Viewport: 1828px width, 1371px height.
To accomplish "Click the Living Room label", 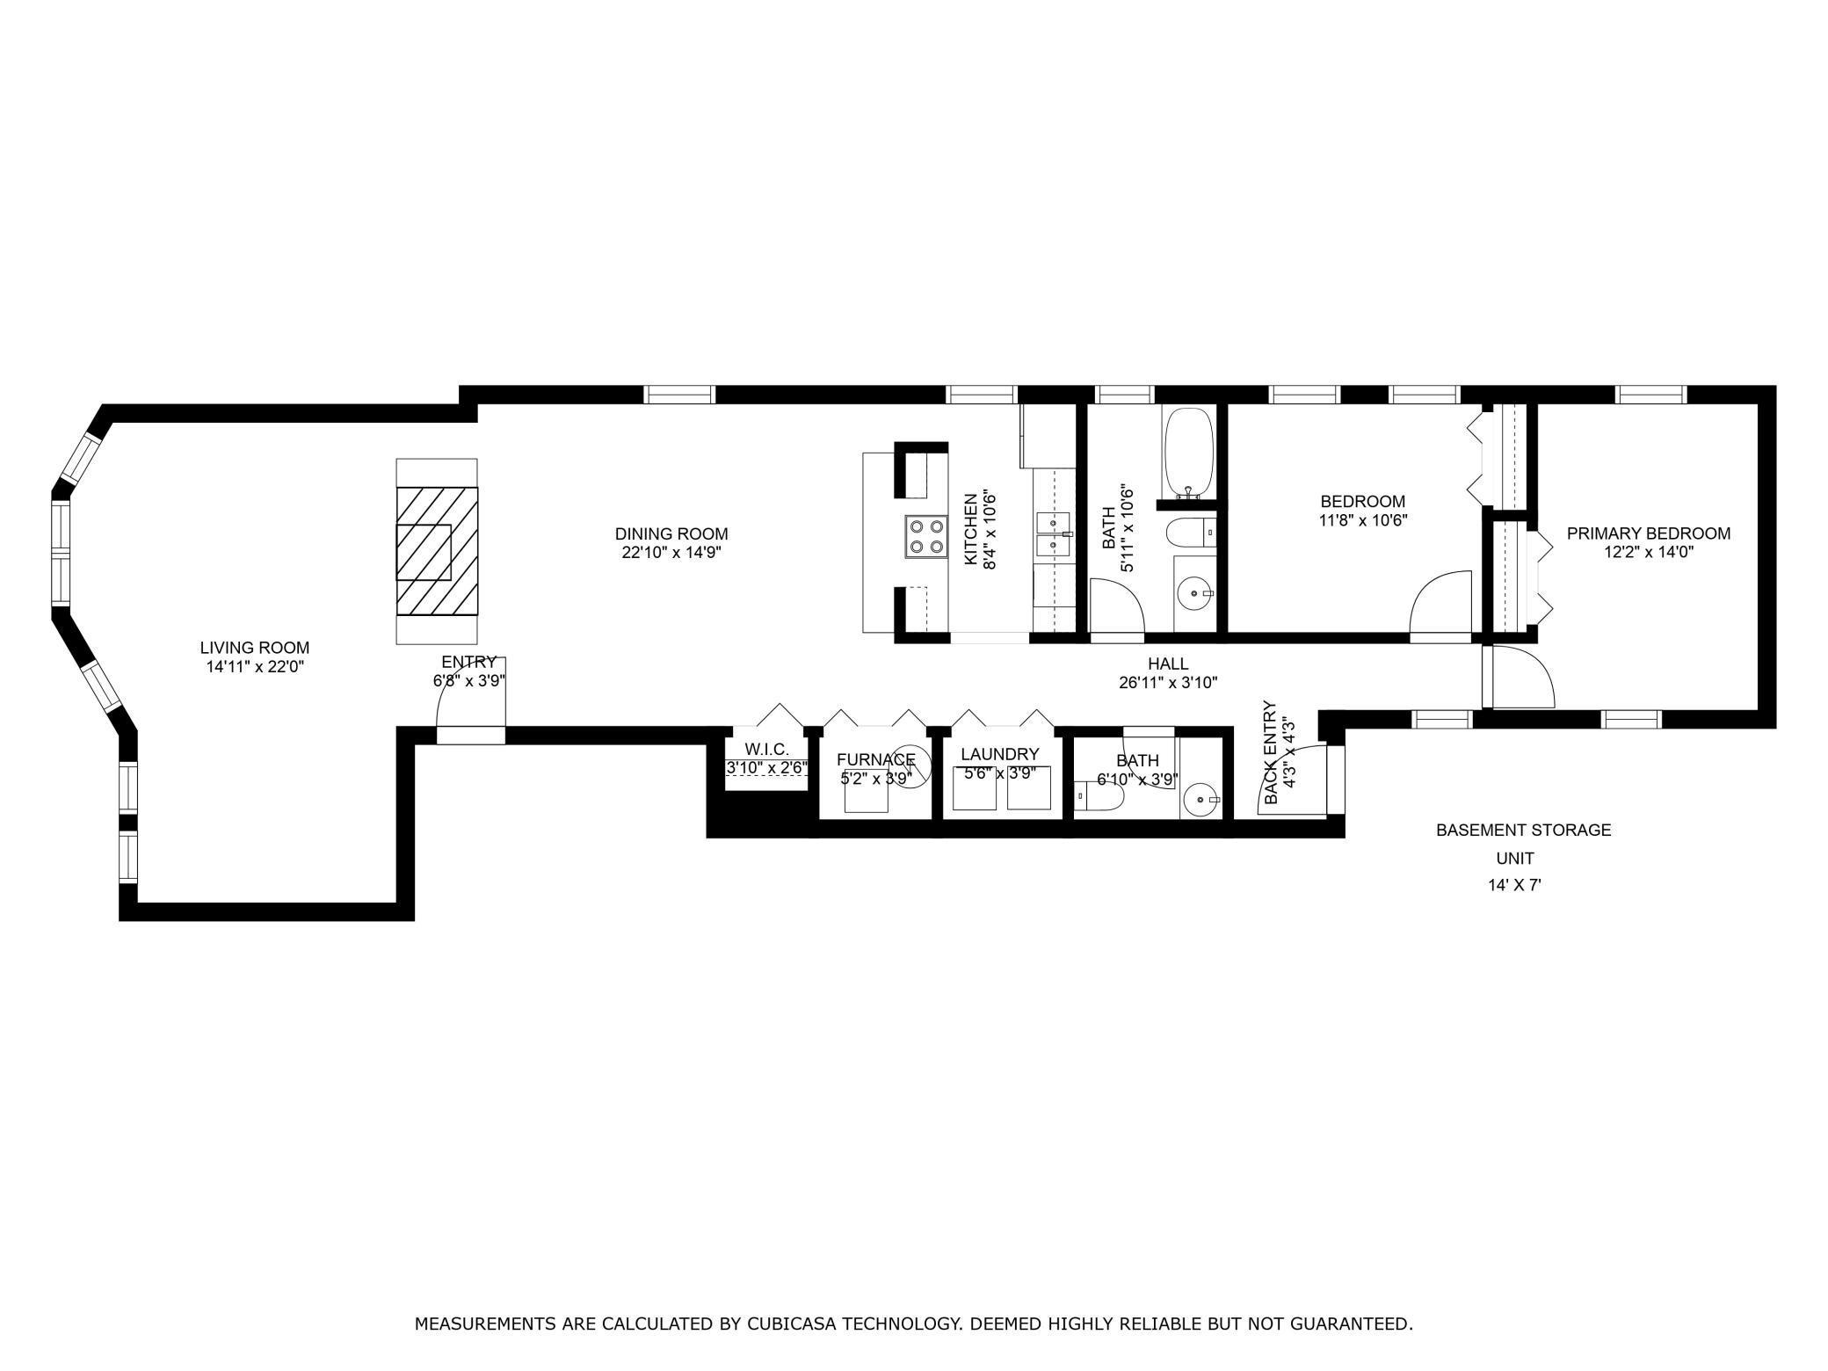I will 255,648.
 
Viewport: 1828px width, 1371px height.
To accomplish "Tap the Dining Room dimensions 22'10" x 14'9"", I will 671,553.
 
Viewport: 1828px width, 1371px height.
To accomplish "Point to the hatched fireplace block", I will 437,551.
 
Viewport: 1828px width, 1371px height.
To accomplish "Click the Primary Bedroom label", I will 1648,533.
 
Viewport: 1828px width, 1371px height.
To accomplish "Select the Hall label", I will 1167,664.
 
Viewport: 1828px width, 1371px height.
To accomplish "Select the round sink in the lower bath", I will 1200,801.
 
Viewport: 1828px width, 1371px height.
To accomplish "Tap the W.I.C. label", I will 766,749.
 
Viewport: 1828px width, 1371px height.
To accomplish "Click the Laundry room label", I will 999,754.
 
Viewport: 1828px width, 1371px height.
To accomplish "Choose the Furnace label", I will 875,759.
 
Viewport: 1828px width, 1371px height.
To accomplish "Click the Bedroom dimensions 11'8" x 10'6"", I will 1363,520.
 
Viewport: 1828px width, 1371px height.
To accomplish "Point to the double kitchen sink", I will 1052,533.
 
